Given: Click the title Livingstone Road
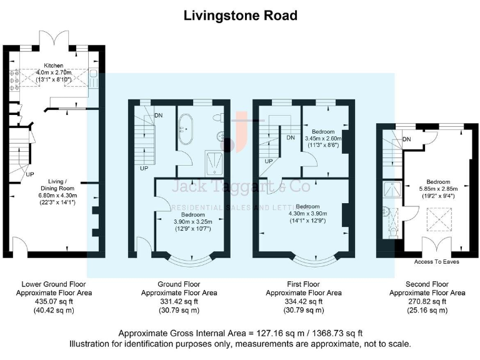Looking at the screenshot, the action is point(240,16).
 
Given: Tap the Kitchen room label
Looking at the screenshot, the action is point(54,66).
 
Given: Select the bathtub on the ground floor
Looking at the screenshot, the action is point(185,129).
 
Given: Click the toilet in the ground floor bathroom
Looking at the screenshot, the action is point(218,117).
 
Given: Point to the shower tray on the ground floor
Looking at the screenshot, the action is point(214,163).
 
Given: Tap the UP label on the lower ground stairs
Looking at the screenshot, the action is point(30,174).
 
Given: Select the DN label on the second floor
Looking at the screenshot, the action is point(406,139).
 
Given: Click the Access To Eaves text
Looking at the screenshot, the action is point(436,262).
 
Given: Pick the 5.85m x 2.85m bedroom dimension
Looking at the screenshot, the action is point(438,189).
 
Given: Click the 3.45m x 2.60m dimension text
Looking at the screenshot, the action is point(323,138).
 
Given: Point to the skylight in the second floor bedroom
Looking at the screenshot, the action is point(439,219).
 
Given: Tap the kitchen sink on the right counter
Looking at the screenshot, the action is point(93,77).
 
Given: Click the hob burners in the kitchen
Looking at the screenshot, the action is point(14,81).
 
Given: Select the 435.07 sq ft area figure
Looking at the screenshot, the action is point(54,301).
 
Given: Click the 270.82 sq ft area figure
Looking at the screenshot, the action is point(427,301).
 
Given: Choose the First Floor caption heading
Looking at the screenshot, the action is point(303,284).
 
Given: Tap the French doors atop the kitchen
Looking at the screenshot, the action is point(54,38).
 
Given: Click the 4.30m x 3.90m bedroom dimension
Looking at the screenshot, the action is point(307,214).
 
